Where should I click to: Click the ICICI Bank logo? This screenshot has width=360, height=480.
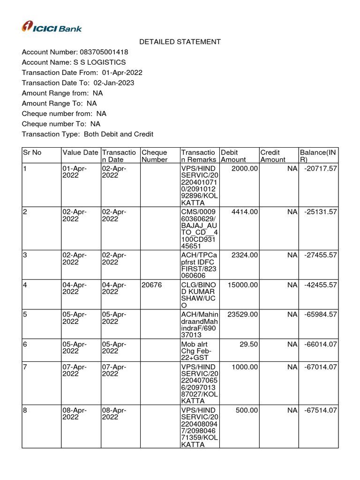coord(52,27)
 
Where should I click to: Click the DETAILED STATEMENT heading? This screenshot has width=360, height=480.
coord(180,42)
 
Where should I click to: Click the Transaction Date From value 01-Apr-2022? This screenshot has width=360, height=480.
coord(122,73)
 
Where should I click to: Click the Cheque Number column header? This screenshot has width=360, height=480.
coord(155,156)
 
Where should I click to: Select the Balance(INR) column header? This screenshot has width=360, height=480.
coord(318,156)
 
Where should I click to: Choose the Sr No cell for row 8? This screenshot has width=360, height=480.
coord(25,410)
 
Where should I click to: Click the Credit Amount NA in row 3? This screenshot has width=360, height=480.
coord(292,255)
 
